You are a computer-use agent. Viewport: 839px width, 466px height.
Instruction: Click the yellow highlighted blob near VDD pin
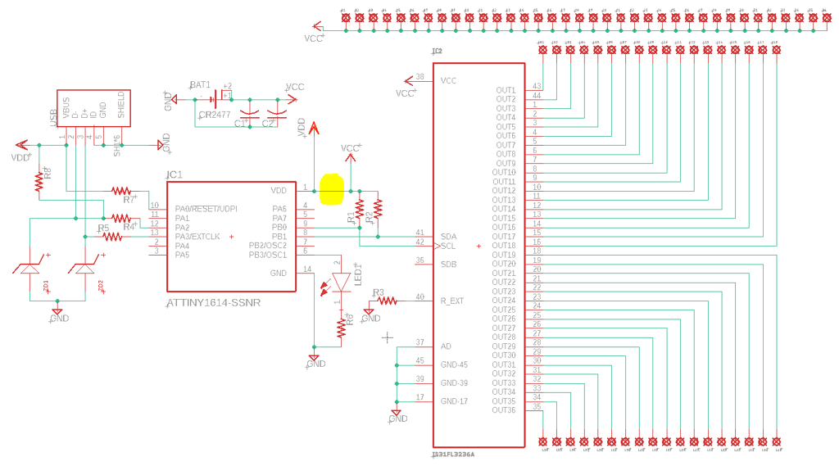click(332, 188)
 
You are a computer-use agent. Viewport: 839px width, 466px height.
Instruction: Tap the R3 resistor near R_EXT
click(386, 301)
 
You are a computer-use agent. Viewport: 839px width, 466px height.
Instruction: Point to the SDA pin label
click(448, 236)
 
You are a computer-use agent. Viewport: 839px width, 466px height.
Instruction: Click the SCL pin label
click(448, 246)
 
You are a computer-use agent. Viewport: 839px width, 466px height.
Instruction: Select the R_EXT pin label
click(452, 301)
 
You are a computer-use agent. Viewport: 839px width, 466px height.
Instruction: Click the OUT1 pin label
click(506, 90)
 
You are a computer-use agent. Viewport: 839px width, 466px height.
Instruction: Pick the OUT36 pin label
click(504, 410)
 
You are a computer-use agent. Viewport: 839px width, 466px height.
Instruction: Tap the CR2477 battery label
click(215, 115)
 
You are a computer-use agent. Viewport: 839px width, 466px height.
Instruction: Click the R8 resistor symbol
click(38, 181)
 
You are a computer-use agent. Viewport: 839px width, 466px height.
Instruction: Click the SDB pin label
click(448, 265)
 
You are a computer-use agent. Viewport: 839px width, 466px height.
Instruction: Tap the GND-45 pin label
click(454, 364)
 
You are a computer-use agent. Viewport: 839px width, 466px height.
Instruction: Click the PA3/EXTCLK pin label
click(197, 237)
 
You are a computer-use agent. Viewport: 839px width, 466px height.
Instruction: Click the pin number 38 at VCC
click(420, 77)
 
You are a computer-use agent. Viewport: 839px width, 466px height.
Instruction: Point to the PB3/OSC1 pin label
click(268, 255)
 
